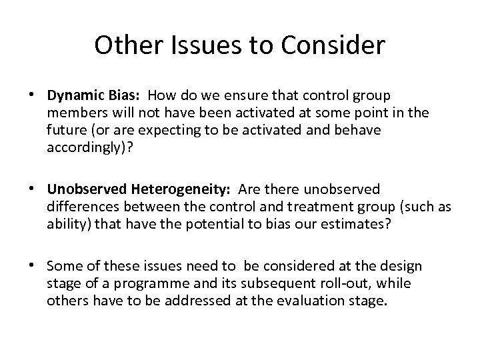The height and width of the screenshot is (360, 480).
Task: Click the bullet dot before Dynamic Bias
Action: [32, 96]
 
